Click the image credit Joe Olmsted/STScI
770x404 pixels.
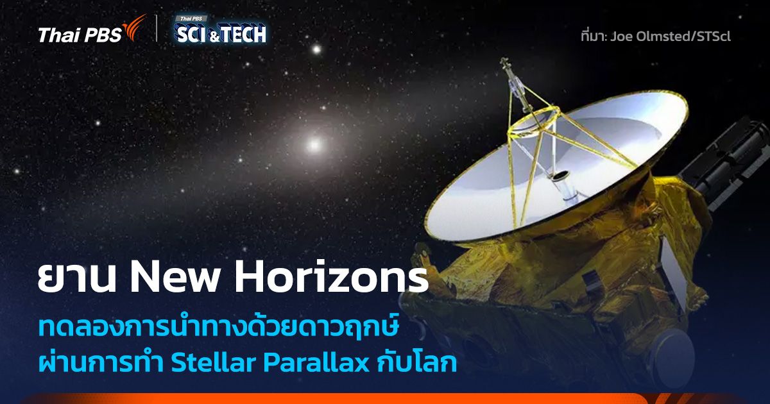670,36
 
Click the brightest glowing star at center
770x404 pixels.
314,144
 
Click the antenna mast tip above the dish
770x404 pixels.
505,62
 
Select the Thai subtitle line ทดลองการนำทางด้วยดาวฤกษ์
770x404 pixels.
219,329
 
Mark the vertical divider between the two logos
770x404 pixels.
157,29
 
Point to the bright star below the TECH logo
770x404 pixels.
315,49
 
